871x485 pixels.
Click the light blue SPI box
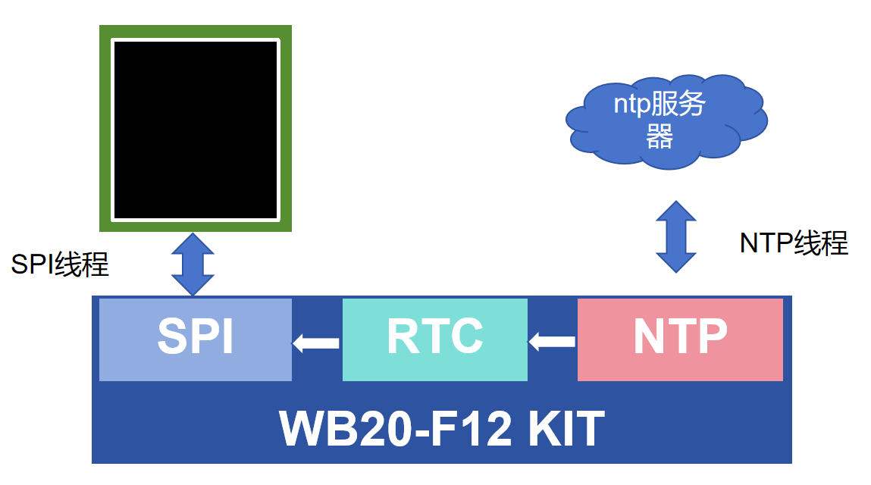(x=196, y=339)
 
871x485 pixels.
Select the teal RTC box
(x=434, y=339)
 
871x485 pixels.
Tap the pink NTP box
(x=680, y=339)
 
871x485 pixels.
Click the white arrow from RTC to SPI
(x=316, y=343)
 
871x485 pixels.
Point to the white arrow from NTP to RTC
(x=552, y=343)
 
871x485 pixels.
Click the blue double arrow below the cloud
(x=675, y=236)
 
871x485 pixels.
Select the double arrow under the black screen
(x=194, y=264)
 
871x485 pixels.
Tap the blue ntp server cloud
(x=666, y=119)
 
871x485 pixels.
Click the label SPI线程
(x=60, y=264)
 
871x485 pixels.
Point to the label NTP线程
(x=794, y=243)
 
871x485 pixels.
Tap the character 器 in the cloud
(x=660, y=136)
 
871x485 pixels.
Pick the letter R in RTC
(x=402, y=336)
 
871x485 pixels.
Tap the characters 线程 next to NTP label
(x=821, y=243)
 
